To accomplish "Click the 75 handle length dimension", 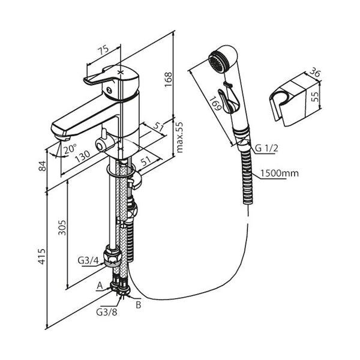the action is tap(103, 52).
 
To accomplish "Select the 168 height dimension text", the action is tap(168, 79).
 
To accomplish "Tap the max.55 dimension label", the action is tap(179, 137).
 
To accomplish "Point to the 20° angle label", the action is tap(70, 149).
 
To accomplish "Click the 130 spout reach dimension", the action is tap(82, 156).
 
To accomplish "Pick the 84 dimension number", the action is tap(42, 166).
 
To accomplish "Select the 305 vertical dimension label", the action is tap(62, 227).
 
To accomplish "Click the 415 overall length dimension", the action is tap(41, 256).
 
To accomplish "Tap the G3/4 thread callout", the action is tap(88, 260).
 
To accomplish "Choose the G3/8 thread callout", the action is tap(107, 312).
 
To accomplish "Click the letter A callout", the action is tap(100, 286).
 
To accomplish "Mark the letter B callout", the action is tap(139, 305).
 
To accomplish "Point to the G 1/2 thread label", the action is tap(266, 148).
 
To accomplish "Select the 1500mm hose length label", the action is tap(280, 173).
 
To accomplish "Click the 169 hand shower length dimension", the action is tap(216, 104).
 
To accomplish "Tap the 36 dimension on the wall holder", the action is tap(314, 73).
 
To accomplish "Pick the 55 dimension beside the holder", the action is tap(316, 97).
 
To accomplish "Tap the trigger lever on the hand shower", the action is tap(226, 101).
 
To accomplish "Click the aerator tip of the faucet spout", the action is tap(62, 138).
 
